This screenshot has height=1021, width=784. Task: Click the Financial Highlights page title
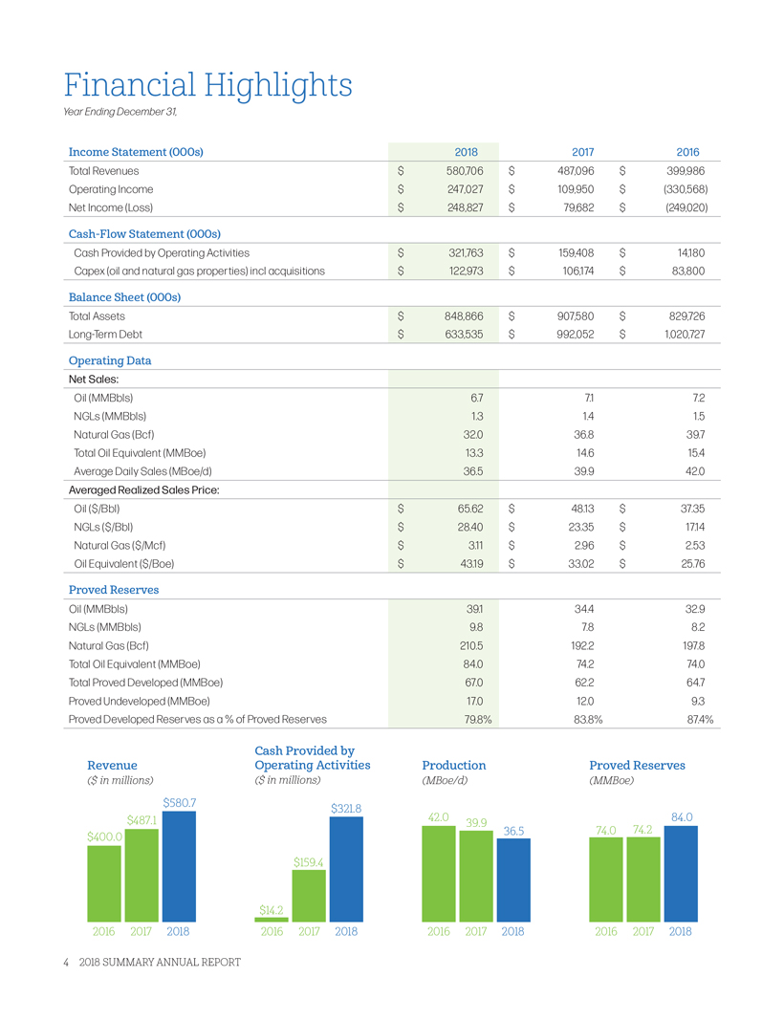pyautogui.click(x=208, y=85)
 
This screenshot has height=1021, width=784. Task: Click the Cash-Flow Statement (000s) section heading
pyautogui.click(x=145, y=233)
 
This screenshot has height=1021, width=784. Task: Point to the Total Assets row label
pyautogui.click(x=97, y=315)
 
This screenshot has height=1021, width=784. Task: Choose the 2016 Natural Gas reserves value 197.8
pyautogui.click(x=689, y=643)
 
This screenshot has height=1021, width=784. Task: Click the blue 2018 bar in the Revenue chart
pyautogui.click(x=179, y=865)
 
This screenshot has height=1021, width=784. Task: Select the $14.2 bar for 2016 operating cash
pyautogui.click(x=271, y=919)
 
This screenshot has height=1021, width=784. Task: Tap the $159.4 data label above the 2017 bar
pyautogui.click(x=309, y=862)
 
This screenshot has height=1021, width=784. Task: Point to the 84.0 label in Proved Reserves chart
pyautogui.click(x=682, y=817)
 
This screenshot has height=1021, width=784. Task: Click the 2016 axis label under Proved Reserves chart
pyautogui.click(x=606, y=930)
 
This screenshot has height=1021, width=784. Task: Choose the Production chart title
pyautogui.click(x=454, y=765)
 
